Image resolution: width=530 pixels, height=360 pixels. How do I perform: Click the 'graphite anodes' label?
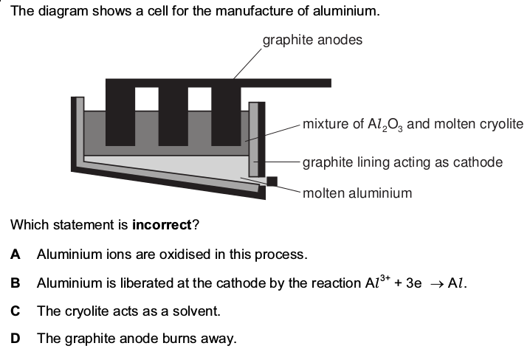click(x=312, y=40)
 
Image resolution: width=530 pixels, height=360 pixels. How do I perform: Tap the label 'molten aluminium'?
click(x=357, y=193)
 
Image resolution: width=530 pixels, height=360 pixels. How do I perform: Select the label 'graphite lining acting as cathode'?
click(x=402, y=162)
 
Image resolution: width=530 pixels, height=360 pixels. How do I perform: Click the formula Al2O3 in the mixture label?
click(x=385, y=124)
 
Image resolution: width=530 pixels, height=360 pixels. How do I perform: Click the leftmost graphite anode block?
click(x=120, y=113)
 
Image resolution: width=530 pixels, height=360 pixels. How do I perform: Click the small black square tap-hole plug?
click(x=272, y=181)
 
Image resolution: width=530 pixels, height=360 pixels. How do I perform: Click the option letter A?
click(x=16, y=255)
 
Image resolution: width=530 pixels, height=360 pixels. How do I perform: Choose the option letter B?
click(x=16, y=283)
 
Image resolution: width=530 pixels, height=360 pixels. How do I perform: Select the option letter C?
click(x=16, y=311)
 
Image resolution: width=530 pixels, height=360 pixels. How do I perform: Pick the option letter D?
click(x=16, y=339)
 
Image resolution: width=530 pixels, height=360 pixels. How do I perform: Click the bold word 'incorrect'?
click(x=162, y=224)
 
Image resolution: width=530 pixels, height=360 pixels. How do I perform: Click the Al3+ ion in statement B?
click(x=377, y=282)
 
